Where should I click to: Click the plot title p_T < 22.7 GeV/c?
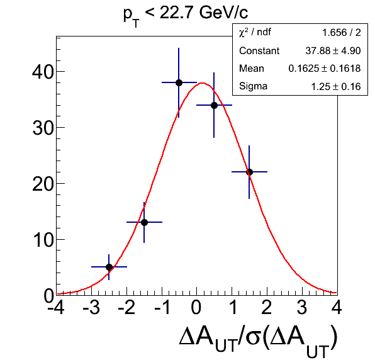point(186,15)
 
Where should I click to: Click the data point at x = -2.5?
point(109,267)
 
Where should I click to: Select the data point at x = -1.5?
point(144,222)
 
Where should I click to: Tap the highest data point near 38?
point(179,83)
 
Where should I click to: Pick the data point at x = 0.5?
point(214,105)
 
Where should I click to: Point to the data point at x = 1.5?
point(249,172)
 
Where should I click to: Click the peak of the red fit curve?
point(203,83)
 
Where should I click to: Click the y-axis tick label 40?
point(43,72)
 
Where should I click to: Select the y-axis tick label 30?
point(43,128)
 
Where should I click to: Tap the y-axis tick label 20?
point(43,184)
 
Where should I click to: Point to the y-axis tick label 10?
point(43,240)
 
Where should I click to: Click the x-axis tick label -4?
point(56,307)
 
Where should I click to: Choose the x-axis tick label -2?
point(126,307)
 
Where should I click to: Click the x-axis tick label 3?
point(302,307)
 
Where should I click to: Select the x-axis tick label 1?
point(233,307)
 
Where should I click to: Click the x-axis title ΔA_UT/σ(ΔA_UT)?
point(259,340)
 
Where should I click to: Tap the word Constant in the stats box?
point(259,51)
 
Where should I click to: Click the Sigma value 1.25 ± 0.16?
point(336,87)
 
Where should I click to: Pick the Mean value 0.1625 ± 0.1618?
point(325,69)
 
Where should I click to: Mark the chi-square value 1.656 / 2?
point(342,33)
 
